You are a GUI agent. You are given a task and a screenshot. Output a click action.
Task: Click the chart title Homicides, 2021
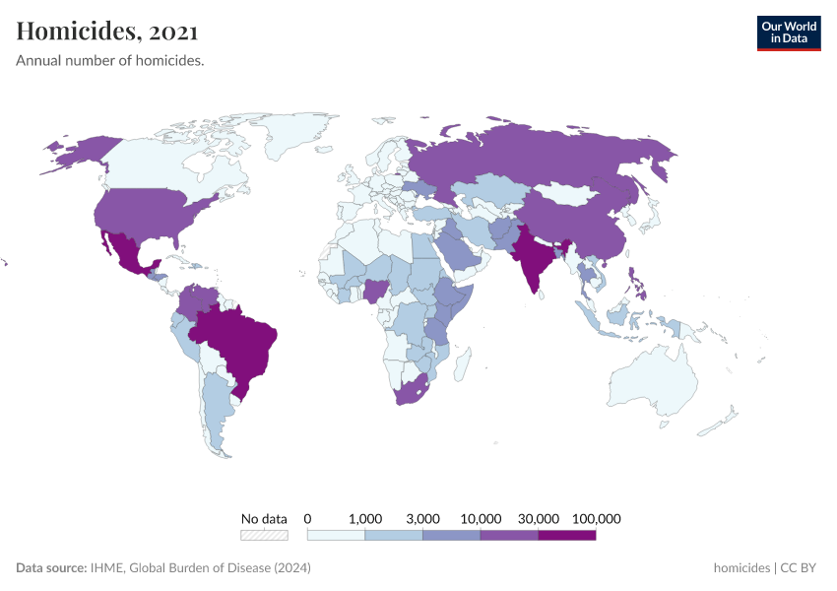(107, 32)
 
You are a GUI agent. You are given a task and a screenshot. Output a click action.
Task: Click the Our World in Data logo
(788, 33)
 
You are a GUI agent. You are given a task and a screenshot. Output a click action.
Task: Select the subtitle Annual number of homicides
(110, 61)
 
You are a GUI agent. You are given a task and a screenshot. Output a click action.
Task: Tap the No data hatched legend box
(265, 536)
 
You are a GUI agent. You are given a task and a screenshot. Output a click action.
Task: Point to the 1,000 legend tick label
(365, 518)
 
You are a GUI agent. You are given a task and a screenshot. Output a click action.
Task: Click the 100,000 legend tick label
(596, 518)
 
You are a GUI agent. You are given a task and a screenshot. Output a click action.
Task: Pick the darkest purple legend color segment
(567, 536)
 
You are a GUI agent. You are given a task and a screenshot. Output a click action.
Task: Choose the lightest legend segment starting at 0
(336, 536)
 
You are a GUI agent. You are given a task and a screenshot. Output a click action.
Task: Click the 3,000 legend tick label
(422, 518)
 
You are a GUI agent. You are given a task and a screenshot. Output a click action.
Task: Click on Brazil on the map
(241, 340)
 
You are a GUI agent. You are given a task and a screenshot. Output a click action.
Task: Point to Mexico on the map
(128, 253)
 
